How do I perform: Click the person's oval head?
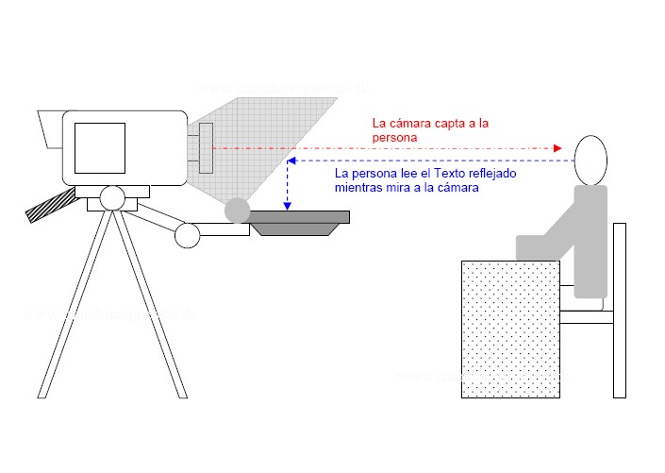click(590, 161)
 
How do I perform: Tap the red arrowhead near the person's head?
click(558, 149)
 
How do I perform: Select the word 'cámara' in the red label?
click(414, 124)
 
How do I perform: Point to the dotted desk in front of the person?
click(509, 328)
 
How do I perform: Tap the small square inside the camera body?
click(100, 147)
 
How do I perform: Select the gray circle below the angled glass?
click(236, 209)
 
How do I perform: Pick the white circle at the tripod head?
click(112, 197)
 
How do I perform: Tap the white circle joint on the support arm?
click(188, 235)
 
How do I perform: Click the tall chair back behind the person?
click(620, 309)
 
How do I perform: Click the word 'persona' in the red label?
click(395, 138)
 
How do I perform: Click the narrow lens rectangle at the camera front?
click(207, 149)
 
